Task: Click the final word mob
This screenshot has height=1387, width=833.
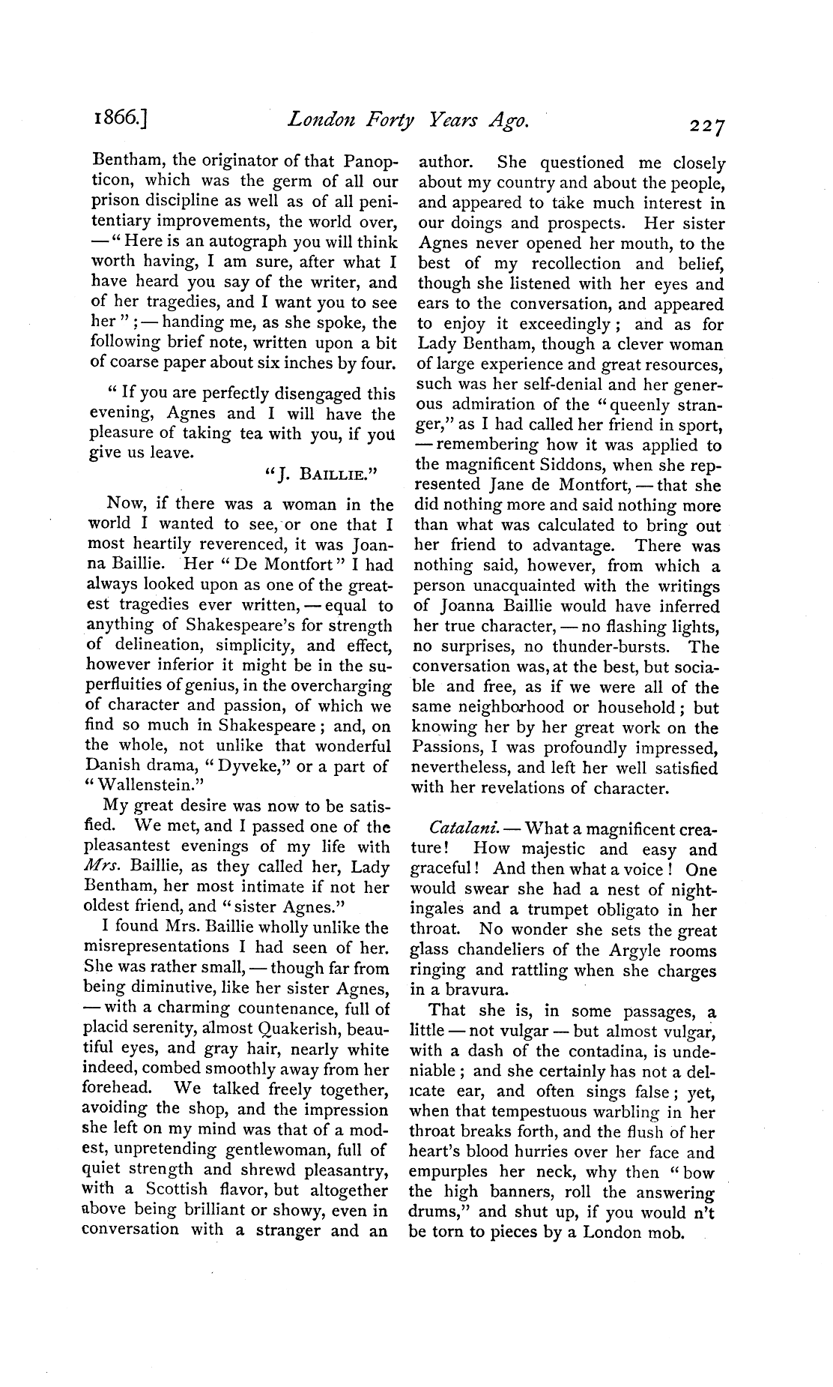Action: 664,1233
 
